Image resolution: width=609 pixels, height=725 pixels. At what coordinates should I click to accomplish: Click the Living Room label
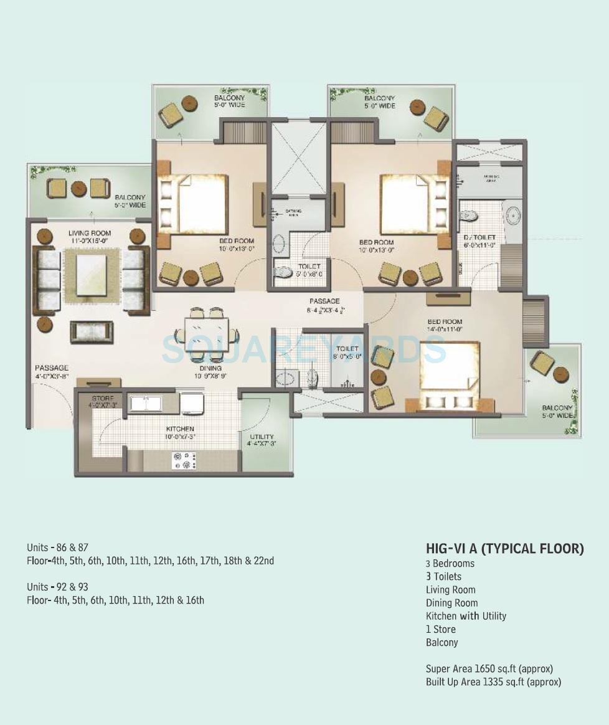[90, 233]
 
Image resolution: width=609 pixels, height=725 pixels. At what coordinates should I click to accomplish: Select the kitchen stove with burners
[185, 461]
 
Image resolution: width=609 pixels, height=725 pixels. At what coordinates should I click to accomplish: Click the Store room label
[102, 398]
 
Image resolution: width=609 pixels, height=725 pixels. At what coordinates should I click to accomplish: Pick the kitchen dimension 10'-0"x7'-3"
[180, 437]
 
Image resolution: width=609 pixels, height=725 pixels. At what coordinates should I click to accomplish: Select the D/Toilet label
[479, 237]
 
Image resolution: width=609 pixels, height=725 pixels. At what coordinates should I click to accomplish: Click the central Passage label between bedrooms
[324, 301]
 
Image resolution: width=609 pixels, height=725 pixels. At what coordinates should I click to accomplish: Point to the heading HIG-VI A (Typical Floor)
[505, 548]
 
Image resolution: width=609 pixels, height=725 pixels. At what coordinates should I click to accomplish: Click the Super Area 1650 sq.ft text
[489, 669]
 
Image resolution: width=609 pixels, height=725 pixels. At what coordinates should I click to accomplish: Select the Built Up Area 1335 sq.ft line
[493, 682]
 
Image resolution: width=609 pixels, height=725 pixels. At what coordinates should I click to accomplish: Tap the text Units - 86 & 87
[58, 547]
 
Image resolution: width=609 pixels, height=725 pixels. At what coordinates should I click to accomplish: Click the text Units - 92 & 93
[58, 587]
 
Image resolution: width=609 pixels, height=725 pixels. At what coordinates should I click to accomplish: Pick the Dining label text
[206, 368]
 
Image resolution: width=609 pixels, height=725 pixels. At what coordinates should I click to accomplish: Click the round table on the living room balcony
[79, 188]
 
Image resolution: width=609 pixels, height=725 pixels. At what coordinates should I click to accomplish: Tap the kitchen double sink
[145, 404]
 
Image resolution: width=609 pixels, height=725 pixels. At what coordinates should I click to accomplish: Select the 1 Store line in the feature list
[441, 629]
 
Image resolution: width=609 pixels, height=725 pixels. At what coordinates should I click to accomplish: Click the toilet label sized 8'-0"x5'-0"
[347, 349]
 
